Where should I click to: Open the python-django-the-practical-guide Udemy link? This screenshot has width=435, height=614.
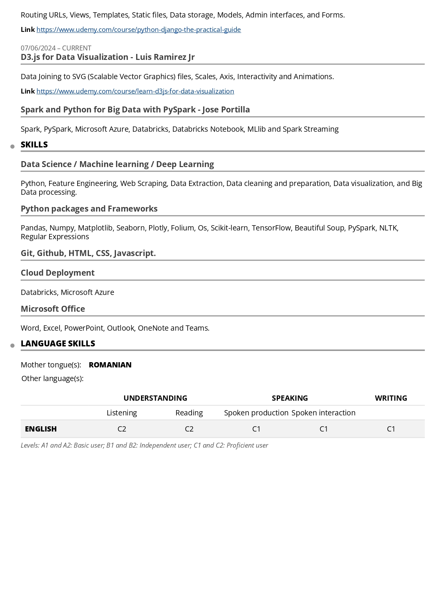pyautogui.click(x=139, y=30)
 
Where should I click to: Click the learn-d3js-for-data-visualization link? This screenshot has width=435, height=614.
pyautogui.click(x=135, y=91)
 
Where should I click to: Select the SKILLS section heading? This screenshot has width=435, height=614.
pyautogui.click(x=34, y=145)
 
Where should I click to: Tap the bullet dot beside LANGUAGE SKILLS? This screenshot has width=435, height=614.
pyautogui.click(x=13, y=346)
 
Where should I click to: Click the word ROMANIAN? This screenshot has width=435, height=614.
pyautogui.click(x=110, y=365)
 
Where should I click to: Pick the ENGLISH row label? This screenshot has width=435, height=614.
pyautogui.click(x=41, y=429)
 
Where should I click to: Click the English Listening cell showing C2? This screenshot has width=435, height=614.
pyautogui.click(x=122, y=429)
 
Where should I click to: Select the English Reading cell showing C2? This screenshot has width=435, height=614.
pyautogui.click(x=189, y=429)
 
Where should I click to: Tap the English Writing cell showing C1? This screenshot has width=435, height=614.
pyautogui.click(x=391, y=429)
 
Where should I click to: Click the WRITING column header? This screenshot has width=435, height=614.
pyautogui.click(x=391, y=398)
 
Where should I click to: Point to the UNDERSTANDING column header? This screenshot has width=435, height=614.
pyautogui.click(x=155, y=398)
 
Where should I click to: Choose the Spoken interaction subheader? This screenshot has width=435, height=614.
pyautogui.click(x=323, y=413)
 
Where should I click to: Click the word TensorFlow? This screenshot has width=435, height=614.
pyautogui.click(x=271, y=228)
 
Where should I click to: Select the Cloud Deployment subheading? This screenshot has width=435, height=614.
pyautogui.click(x=58, y=273)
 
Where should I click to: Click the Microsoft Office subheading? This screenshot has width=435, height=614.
pyautogui.click(x=53, y=309)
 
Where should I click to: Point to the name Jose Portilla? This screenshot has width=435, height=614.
pyautogui.click(x=226, y=110)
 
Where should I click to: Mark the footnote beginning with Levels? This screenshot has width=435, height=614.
pyautogui.click(x=144, y=446)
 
